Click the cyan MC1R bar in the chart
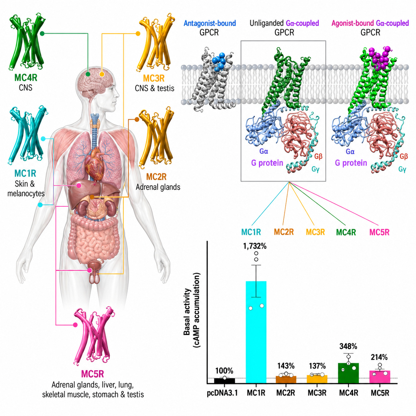coord(256,332)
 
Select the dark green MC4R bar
coord(348,373)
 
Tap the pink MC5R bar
coord(380,377)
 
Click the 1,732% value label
coord(255,246)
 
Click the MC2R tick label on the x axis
coord(286,393)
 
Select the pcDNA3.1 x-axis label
coord(222,393)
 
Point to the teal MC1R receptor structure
coord(28,135)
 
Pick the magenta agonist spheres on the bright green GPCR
coord(380,57)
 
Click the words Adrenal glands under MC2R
coord(158,187)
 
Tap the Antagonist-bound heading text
coord(210,23)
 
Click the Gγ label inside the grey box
coord(315,170)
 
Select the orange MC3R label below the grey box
coord(315,232)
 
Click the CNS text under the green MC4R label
coord(26,88)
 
